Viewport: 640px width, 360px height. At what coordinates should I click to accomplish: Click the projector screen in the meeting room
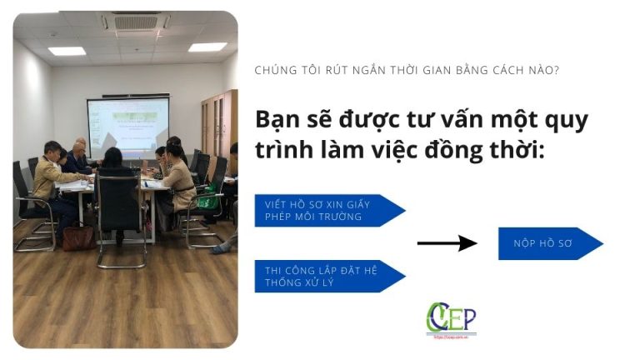[127, 125]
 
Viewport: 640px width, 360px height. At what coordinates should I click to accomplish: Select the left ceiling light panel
[67, 51]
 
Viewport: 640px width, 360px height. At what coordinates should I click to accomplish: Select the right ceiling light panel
[207, 47]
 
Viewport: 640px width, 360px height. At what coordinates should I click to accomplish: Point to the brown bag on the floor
[78, 237]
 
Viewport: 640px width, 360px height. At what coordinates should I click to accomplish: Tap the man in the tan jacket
[50, 179]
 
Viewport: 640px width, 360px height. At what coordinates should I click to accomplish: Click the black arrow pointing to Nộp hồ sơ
[447, 243]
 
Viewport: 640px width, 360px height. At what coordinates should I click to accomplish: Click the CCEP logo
[451, 318]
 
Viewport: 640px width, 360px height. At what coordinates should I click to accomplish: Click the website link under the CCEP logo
[451, 335]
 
